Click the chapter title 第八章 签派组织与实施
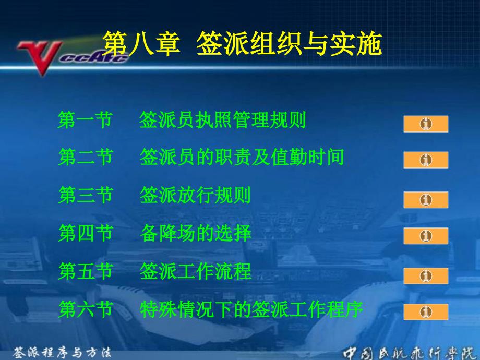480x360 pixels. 242,43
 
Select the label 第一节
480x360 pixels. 85,119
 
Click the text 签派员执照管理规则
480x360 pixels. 223,119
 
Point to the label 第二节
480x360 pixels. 86,157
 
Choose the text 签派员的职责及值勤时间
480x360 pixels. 242,157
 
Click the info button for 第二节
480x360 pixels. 426,160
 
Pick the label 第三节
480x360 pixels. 86,195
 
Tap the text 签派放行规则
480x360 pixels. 195,195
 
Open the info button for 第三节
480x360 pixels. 426,200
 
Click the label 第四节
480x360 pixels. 86,233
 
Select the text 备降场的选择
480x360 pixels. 196,233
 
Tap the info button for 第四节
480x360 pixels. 426,236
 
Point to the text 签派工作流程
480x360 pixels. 196,271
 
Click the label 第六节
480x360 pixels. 86,309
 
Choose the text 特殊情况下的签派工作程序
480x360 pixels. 251,309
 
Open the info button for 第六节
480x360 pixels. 426,312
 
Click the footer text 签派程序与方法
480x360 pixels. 62,353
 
